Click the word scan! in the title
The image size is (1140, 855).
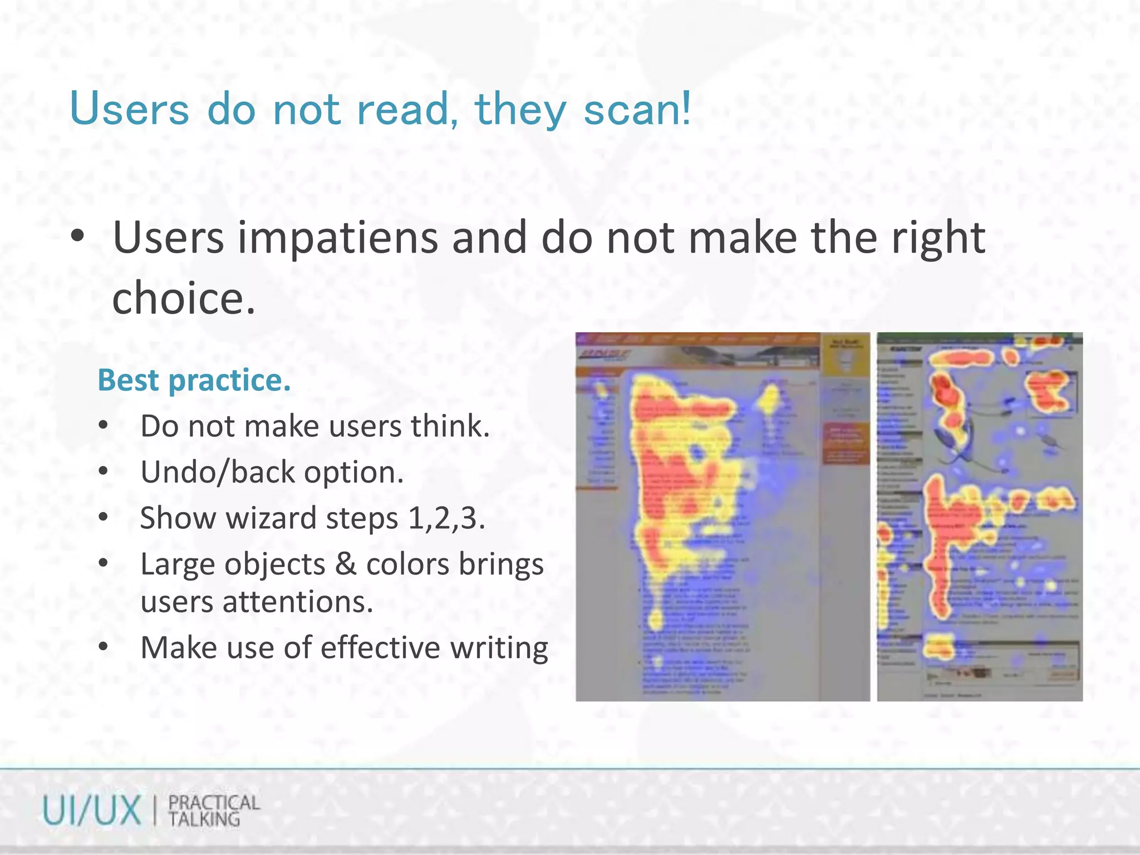[x=637, y=109]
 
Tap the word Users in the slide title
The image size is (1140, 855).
[x=129, y=109]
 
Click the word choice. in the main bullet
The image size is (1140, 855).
[x=184, y=298]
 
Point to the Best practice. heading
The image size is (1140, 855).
[x=194, y=381]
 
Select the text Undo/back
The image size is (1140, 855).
[x=218, y=473]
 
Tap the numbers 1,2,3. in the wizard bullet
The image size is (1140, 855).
[x=446, y=518]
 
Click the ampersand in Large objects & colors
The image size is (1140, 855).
[x=346, y=564]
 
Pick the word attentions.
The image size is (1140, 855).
[x=298, y=602]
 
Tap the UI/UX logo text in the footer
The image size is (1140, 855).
[x=92, y=810]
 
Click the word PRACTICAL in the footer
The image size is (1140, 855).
[x=214, y=803]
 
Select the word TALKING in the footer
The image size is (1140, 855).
[x=204, y=819]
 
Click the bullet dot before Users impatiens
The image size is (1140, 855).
[x=77, y=237]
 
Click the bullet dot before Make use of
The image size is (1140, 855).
[x=103, y=647]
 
